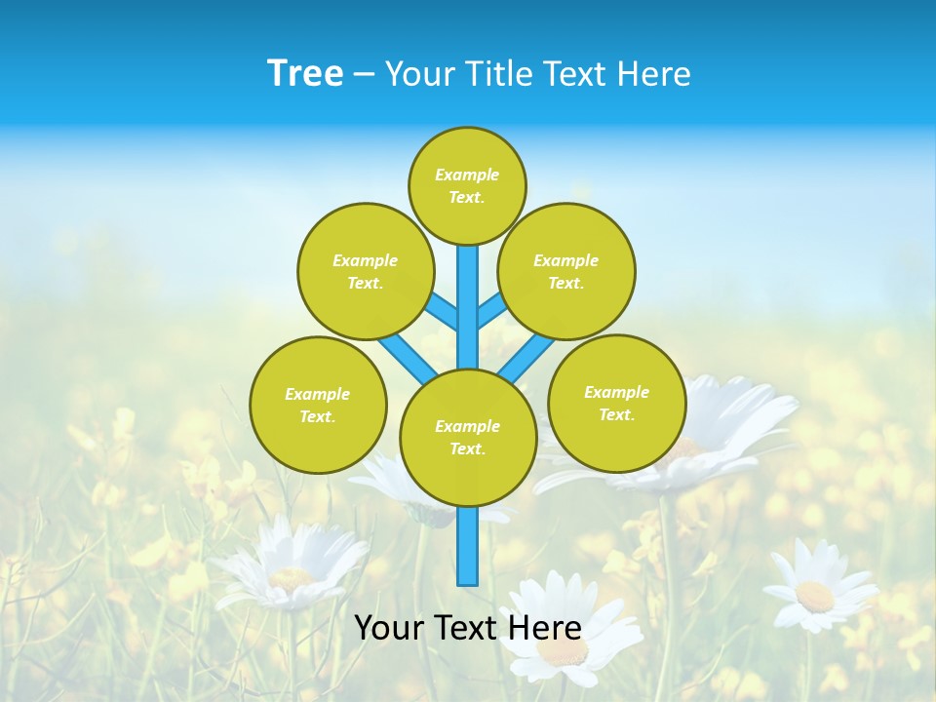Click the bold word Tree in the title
(305, 74)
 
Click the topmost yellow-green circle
(467, 185)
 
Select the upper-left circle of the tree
(365, 271)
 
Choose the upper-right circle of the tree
(565, 271)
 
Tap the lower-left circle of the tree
(318, 405)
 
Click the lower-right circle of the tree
(616, 403)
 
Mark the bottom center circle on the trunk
(468, 438)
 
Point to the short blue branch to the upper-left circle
(444, 314)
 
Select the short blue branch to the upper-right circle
(491, 313)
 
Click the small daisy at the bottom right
(814, 591)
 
